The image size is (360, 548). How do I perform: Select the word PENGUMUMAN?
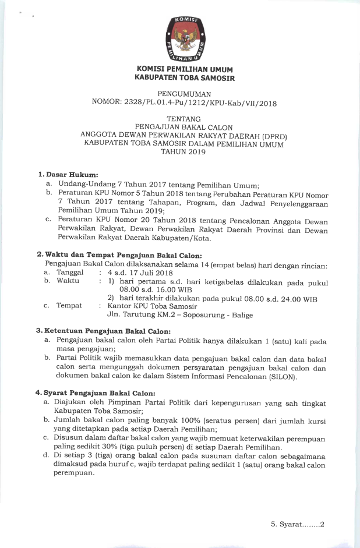pyautogui.click(x=184, y=93)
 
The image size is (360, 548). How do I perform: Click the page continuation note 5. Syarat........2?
pyautogui.click(x=297, y=524)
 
